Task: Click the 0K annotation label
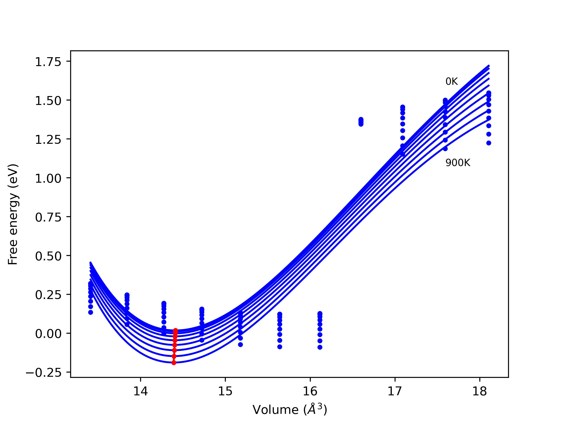coord(451,81)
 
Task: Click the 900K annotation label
coord(458,163)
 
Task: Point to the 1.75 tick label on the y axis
coord(48,62)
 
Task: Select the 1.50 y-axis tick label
coord(48,101)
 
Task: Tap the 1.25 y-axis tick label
coord(48,140)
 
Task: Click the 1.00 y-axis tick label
coord(48,179)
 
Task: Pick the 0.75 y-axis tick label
coord(48,218)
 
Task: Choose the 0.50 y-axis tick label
coord(48,256)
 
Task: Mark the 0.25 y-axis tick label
coord(48,295)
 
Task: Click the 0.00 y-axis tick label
coord(48,334)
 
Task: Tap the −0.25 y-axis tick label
coord(43,373)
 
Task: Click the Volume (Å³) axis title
coord(290,410)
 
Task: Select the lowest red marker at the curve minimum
coord(174,363)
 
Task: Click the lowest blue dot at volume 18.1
coord(489,143)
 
